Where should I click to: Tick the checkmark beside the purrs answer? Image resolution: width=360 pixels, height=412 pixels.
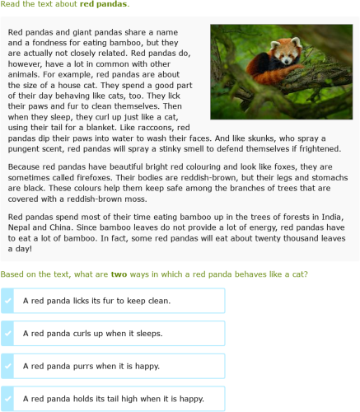[8, 366]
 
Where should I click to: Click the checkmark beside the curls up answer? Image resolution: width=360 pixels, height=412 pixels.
[8, 334]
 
